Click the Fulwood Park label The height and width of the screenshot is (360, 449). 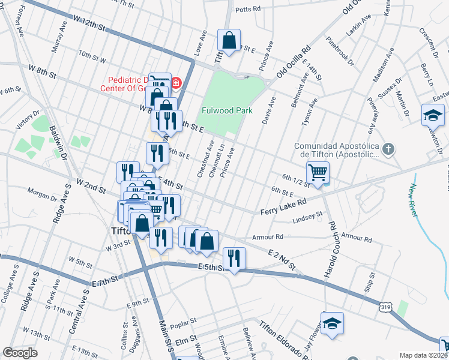[227, 110]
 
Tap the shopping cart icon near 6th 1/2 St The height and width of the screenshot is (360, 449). [318, 172]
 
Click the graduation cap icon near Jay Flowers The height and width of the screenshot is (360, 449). [332, 323]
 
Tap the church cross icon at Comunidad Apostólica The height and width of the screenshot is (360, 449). [388, 148]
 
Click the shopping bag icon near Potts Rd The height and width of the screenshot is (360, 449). [229, 40]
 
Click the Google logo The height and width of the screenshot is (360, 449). [20, 353]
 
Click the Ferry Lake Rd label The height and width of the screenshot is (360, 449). [283, 208]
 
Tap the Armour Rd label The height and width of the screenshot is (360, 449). [268, 237]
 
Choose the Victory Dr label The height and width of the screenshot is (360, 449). [28, 119]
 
